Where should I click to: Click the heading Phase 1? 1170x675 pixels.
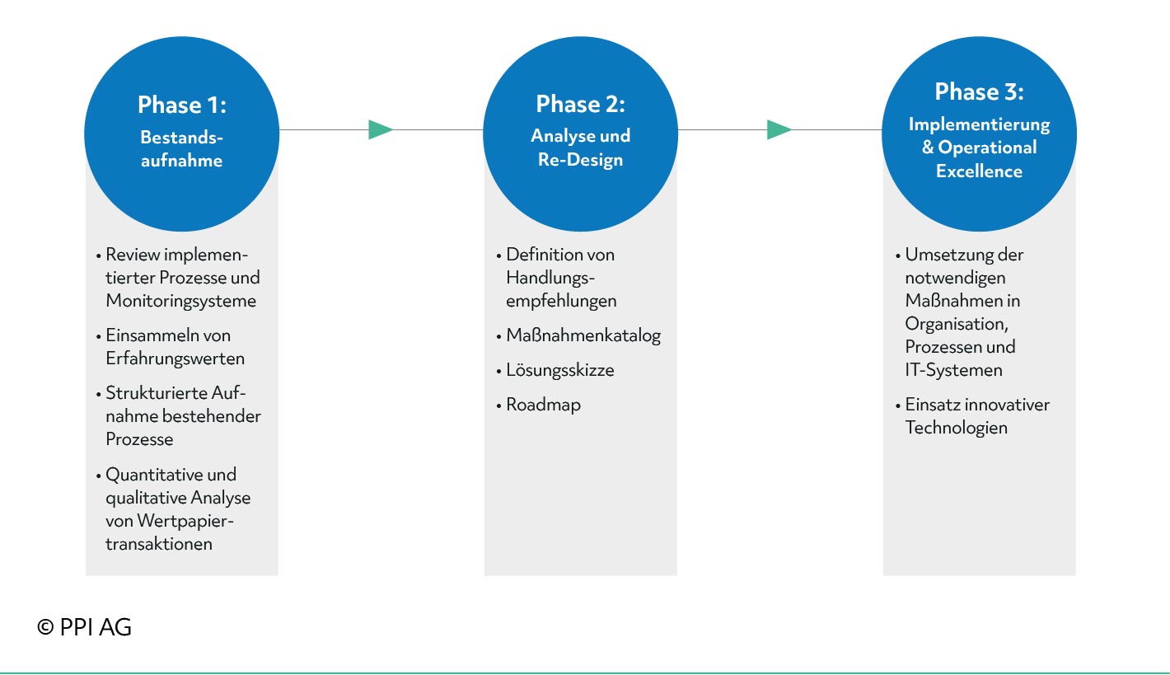click(x=182, y=105)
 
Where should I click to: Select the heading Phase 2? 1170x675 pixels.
click(x=580, y=104)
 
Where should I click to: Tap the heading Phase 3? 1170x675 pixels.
click(x=979, y=91)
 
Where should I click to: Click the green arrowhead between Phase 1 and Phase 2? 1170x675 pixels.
click(x=381, y=129)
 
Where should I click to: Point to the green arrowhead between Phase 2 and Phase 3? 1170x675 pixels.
click(x=779, y=129)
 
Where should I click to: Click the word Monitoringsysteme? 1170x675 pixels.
click(x=180, y=302)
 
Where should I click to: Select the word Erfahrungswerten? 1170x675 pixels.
click(x=175, y=359)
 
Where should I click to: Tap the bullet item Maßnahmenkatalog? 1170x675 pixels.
click(x=578, y=335)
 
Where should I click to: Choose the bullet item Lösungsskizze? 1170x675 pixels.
click(x=555, y=370)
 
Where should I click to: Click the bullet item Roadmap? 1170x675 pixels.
click(x=539, y=405)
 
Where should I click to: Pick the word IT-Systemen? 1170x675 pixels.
click(x=953, y=370)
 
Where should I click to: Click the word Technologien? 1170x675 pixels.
click(x=956, y=428)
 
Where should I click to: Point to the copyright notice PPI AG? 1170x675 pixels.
click(x=84, y=627)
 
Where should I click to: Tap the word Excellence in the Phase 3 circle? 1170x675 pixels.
click(x=979, y=171)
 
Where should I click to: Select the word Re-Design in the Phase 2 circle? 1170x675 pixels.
click(x=580, y=159)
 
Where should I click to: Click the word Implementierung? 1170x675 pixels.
click(x=979, y=125)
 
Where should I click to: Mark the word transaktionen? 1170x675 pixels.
click(x=159, y=544)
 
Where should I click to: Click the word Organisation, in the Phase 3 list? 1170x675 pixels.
click(x=957, y=325)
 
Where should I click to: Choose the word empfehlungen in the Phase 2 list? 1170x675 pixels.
click(x=561, y=302)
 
